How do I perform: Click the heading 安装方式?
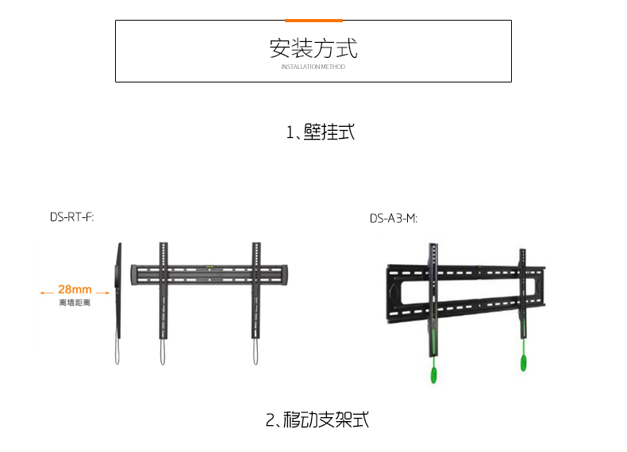(313, 48)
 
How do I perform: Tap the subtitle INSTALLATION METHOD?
(313, 67)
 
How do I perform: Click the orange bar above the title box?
(313, 21)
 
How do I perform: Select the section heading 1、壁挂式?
(321, 132)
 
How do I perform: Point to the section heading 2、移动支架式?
(317, 419)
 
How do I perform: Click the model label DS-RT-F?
(72, 217)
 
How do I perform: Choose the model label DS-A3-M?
(394, 219)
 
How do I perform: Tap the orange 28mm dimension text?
(75, 289)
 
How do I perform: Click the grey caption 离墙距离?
(75, 303)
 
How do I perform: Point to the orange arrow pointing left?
(46, 293)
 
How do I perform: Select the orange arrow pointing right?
(102, 293)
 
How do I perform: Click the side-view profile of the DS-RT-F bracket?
(118, 291)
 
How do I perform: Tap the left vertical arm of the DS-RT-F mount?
(163, 290)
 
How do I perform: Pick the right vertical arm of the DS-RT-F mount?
(256, 290)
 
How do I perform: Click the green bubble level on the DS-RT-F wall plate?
(210, 266)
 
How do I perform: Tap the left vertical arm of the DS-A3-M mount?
(434, 300)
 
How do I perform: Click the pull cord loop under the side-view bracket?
(117, 352)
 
